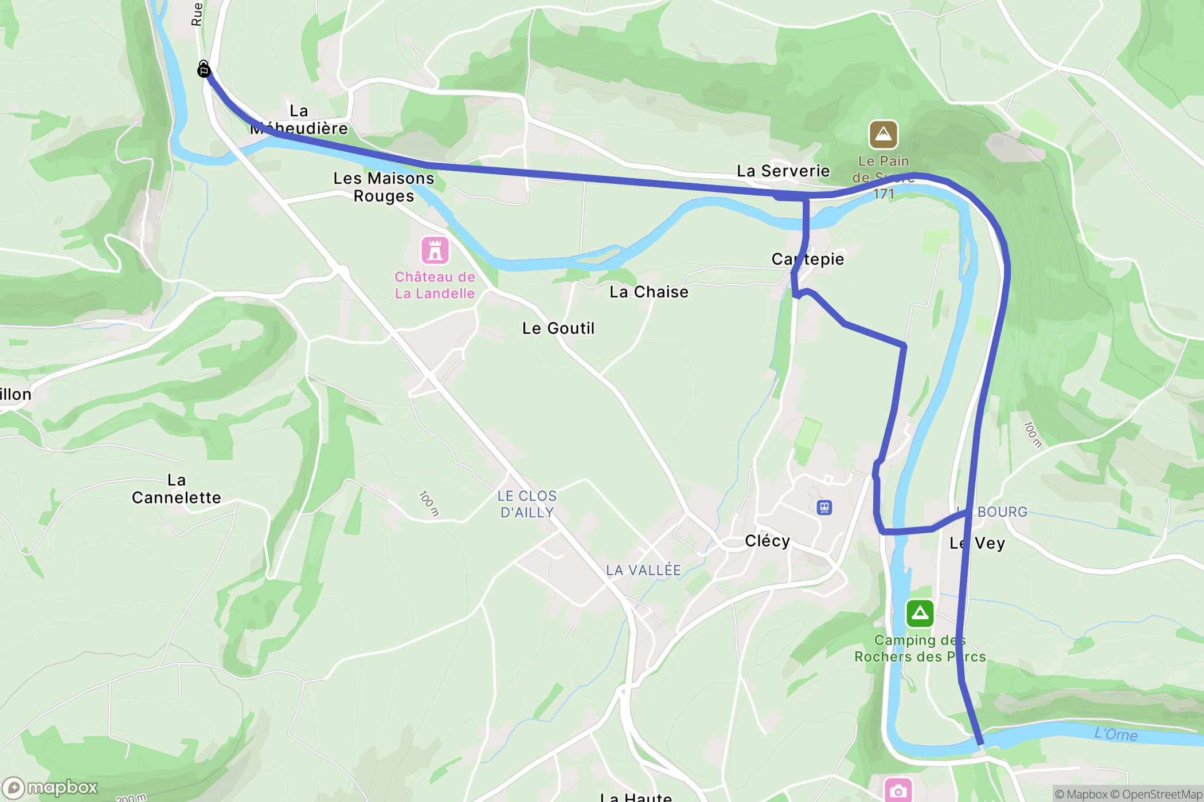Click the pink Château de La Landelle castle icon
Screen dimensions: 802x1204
pos(435,250)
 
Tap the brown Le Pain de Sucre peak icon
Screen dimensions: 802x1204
pos(883,135)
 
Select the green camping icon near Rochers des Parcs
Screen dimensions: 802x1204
pos(920,613)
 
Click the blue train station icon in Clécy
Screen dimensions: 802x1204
pos(824,507)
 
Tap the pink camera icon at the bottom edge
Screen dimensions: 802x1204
pos(898,791)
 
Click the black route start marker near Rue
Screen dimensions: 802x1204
pos(204,70)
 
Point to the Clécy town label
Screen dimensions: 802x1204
pos(767,541)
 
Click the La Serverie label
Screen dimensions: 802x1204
pos(783,171)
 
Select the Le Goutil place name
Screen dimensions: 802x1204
pos(558,328)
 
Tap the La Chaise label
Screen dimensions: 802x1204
pos(648,292)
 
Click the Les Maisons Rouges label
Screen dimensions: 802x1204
pos(384,187)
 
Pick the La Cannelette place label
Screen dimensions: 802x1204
pos(176,489)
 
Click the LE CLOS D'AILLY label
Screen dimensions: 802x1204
pos(527,504)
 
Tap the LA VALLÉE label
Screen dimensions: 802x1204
pos(643,570)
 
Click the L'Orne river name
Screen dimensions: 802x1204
pos(1115,734)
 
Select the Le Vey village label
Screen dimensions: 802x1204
pos(977,543)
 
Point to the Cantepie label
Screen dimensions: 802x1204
pos(807,259)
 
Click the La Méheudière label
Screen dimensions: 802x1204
pos(299,120)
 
